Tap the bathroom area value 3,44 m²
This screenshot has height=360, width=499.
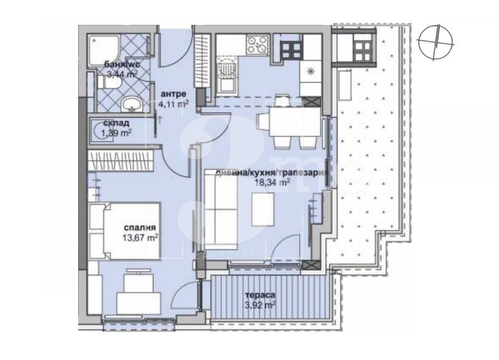[x=122, y=75]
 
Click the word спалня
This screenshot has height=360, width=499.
[x=138, y=228]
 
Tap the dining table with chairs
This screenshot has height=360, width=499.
[x=287, y=121]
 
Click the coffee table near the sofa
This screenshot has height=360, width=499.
[x=262, y=209]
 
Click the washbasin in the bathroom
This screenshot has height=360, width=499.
[x=132, y=105]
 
